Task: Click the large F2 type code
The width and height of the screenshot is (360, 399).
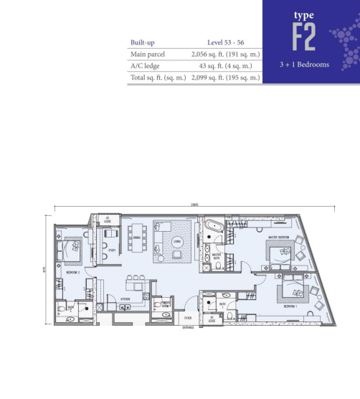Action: point(305,37)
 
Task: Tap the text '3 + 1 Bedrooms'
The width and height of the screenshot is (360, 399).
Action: point(305,65)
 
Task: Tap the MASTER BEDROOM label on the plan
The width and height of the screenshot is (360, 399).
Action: point(278,238)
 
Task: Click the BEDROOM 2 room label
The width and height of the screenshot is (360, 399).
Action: point(72,273)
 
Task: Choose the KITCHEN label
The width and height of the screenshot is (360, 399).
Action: point(124,298)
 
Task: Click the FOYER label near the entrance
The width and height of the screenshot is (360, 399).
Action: point(187,316)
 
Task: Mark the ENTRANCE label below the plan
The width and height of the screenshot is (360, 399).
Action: point(187,327)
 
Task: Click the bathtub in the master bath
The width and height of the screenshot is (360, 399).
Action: point(213,230)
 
